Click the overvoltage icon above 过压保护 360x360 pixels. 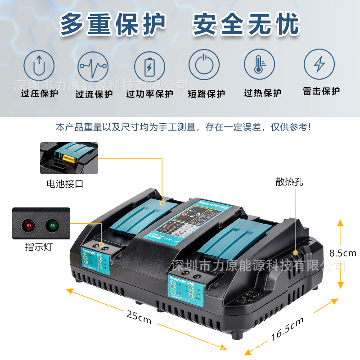point(40,66)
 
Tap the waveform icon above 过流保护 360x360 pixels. point(93,66)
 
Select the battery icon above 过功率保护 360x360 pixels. point(149,66)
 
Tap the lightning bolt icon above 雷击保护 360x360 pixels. point(319,64)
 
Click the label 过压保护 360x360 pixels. point(40,94)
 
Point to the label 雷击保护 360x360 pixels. point(321,91)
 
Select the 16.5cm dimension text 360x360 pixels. point(287,328)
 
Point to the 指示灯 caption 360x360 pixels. point(38,247)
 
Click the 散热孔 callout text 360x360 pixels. point(290,182)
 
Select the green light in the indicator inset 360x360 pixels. point(52,225)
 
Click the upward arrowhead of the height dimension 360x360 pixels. point(340,222)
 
